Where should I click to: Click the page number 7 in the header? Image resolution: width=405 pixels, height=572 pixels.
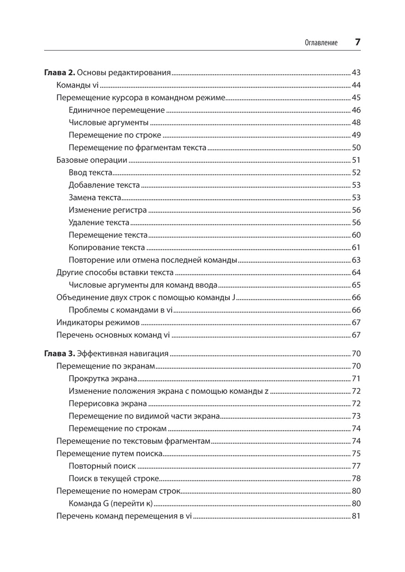(357, 42)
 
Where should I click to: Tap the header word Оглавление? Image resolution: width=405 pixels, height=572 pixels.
(321, 43)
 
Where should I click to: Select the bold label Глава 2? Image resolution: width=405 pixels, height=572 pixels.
(59, 73)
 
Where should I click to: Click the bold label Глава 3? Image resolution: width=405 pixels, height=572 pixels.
(59, 354)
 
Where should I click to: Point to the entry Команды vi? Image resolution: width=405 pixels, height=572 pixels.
(78, 85)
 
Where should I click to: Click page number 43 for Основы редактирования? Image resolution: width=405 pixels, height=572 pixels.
(356, 73)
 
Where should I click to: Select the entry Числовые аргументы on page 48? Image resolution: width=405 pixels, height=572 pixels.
(109, 123)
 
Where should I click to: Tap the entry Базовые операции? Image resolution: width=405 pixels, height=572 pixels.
(92, 160)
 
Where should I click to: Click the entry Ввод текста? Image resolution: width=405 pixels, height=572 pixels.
(90, 173)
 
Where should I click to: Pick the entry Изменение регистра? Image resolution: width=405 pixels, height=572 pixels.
(108, 210)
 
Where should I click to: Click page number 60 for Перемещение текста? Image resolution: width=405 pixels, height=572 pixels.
(356, 235)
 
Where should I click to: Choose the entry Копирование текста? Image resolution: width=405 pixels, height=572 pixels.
(107, 248)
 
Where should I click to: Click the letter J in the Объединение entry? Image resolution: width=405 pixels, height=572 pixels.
(234, 298)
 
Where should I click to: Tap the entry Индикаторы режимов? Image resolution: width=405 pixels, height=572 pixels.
(98, 323)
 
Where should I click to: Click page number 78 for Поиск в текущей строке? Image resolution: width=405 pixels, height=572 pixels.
(356, 479)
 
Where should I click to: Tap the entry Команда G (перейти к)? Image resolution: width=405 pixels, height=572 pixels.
(110, 504)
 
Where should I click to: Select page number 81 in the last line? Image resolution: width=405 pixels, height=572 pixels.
(356, 517)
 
